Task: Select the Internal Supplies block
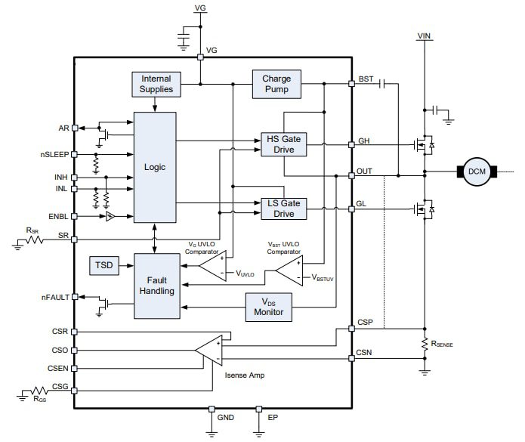click(156, 85)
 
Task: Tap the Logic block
click(154, 167)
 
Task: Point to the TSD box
click(103, 266)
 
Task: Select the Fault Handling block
click(156, 286)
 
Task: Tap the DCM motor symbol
click(477, 172)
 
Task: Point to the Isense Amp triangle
click(212, 349)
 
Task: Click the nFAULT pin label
click(54, 297)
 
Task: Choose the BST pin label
click(366, 79)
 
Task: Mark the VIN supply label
click(426, 34)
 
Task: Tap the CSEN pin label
click(58, 369)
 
